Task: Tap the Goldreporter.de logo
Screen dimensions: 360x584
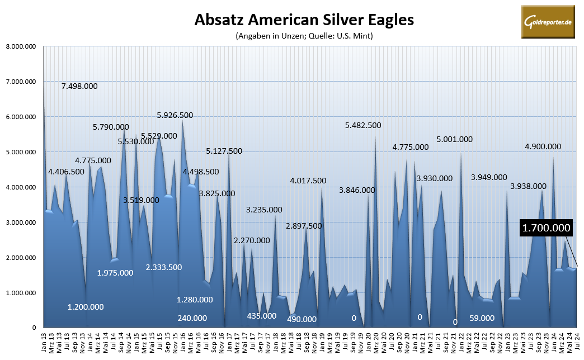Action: (x=548, y=22)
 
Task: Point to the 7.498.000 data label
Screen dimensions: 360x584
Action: (x=79, y=86)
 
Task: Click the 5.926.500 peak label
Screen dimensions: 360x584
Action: (x=175, y=115)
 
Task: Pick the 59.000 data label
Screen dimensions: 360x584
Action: (x=482, y=318)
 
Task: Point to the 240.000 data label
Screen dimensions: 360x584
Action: (x=192, y=318)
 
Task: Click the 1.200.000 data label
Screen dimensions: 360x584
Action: (x=86, y=307)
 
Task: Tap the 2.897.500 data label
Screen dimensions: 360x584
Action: (x=303, y=226)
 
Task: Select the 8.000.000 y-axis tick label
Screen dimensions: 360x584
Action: (x=20, y=46)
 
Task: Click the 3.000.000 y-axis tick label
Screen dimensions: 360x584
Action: (x=20, y=222)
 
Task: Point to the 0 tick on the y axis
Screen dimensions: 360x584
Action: (x=35, y=328)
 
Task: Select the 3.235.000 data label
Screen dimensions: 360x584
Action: (x=264, y=210)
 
